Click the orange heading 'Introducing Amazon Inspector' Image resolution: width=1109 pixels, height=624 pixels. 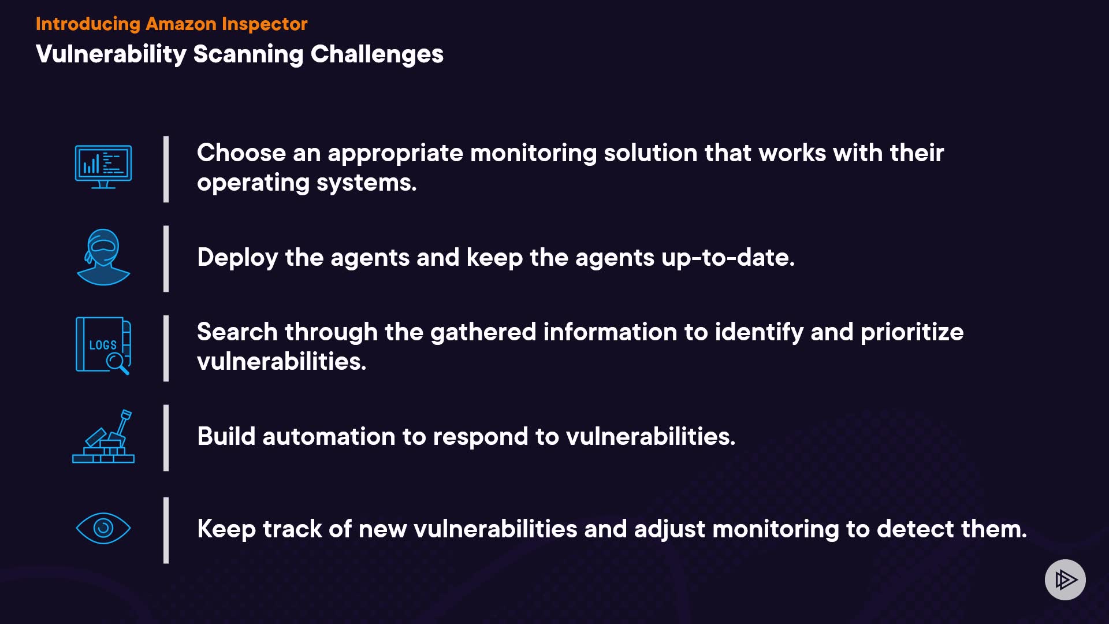172,24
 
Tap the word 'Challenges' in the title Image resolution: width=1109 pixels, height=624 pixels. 377,54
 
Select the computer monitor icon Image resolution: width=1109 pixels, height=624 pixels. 103,167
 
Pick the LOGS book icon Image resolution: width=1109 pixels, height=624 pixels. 103,346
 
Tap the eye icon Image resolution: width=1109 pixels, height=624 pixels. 103,528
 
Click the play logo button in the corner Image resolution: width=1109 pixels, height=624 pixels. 1065,580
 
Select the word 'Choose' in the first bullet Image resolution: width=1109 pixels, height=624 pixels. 241,153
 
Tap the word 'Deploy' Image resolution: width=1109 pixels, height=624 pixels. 237,258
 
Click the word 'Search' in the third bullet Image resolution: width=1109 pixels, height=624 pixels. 237,332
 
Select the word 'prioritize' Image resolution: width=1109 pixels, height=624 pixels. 912,333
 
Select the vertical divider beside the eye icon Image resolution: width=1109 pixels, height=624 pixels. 166,530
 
